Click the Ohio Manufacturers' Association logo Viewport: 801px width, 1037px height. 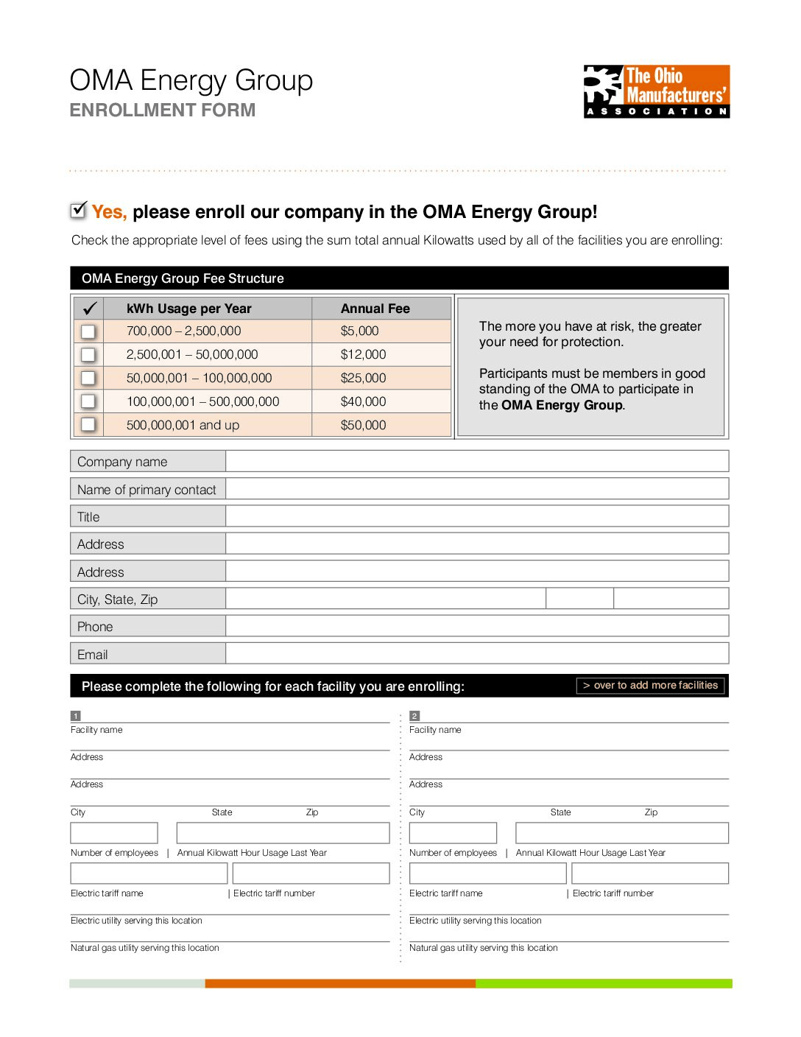(x=656, y=91)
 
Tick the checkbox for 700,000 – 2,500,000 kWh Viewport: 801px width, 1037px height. (x=88, y=331)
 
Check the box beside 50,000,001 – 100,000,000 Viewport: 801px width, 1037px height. (x=88, y=378)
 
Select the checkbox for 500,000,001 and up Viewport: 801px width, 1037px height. (x=88, y=424)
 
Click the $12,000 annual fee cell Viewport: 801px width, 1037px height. (x=363, y=354)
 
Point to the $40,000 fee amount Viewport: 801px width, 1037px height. (x=363, y=401)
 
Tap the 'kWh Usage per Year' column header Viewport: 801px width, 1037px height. (x=188, y=309)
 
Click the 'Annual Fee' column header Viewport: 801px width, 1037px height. (x=375, y=309)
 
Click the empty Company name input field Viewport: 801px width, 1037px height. (x=476, y=462)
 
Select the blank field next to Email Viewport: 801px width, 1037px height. (x=476, y=654)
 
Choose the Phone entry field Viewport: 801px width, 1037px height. (x=476, y=626)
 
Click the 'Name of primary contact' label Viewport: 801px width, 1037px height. (x=147, y=490)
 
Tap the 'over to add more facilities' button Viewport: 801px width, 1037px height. (x=651, y=686)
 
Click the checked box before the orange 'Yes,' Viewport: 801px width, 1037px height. (x=78, y=211)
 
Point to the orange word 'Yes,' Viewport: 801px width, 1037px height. (x=109, y=212)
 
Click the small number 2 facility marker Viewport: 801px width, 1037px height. (x=414, y=716)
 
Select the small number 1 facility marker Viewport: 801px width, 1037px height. (x=75, y=716)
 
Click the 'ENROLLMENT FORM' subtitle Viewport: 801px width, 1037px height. (x=163, y=110)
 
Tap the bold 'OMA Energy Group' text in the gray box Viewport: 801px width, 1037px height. (x=562, y=405)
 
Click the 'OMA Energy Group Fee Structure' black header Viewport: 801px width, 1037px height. (x=183, y=278)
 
